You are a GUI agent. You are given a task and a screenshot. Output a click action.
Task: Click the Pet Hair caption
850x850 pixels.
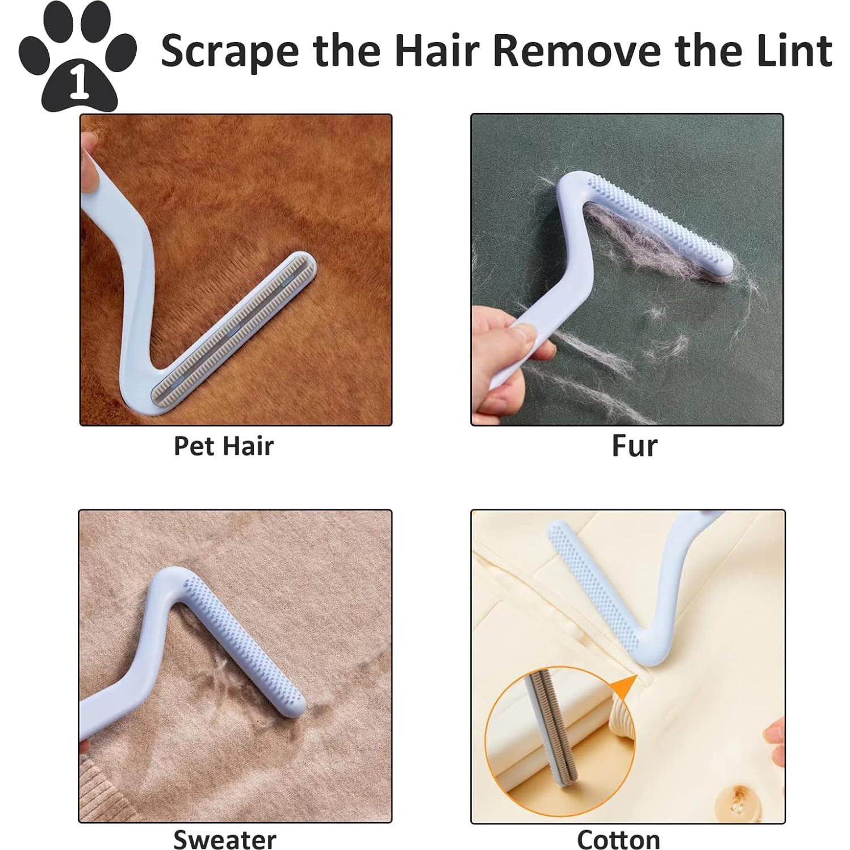[x=223, y=446]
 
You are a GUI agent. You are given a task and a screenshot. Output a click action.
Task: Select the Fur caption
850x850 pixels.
[x=634, y=446]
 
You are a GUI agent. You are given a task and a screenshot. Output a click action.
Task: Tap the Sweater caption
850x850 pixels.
[x=224, y=838]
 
